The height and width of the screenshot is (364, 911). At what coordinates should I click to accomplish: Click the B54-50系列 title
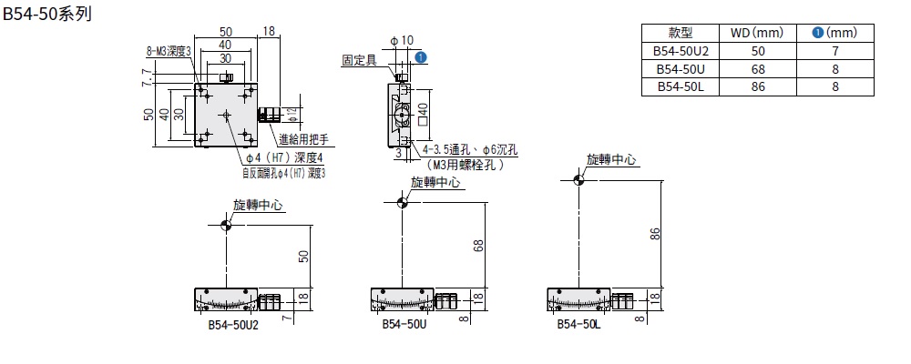click(x=46, y=15)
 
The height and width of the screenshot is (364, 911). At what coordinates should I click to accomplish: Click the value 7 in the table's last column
click(x=834, y=51)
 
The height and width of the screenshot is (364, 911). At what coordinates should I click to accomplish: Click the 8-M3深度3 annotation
click(x=169, y=52)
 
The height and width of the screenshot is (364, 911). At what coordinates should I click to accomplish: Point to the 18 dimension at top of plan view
click(x=269, y=33)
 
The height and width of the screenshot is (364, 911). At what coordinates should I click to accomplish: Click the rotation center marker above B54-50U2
click(x=226, y=224)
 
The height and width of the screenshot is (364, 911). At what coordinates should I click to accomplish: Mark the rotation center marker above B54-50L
click(x=578, y=180)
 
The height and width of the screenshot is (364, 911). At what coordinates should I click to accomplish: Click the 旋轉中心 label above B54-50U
click(x=436, y=183)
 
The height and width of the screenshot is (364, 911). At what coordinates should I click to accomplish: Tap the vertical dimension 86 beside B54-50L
click(x=654, y=234)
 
